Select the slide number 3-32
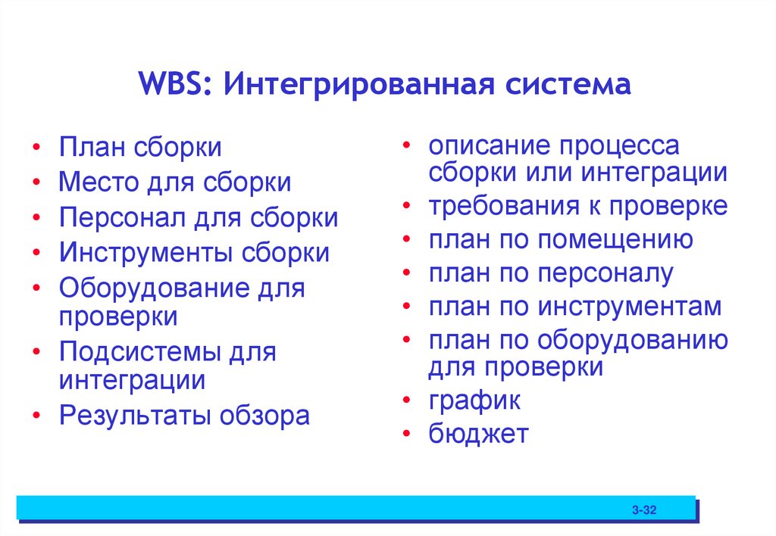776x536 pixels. point(643,511)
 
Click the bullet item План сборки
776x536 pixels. point(140,148)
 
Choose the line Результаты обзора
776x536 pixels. point(184,416)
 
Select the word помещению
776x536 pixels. point(615,239)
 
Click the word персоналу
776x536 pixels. point(605,273)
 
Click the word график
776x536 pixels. point(474,401)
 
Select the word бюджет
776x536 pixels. point(477,435)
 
